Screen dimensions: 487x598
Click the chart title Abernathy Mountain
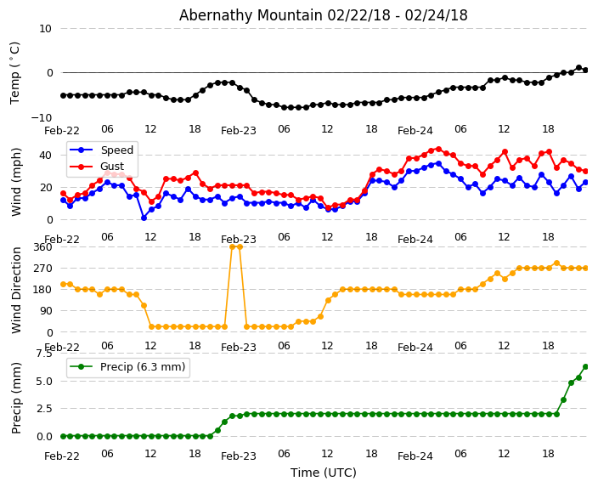pyautogui.click(x=323, y=15)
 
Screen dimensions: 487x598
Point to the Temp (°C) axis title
pyautogui.click(x=15, y=72)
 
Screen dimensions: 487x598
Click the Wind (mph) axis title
pyautogui.click(x=17, y=181)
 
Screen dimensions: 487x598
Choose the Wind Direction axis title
pyautogui.click(x=17, y=289)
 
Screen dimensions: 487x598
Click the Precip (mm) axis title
pyautogui.click(x=17, y=397)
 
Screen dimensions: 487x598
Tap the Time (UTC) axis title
pyautogui.click(x=324, y=473)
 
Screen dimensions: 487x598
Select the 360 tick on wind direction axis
pyautogui.click(x=42, y=247)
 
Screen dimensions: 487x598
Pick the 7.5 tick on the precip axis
pyautogui.click(x=43, y=354)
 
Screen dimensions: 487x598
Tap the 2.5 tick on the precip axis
pyautogui.click(x=43, y=409)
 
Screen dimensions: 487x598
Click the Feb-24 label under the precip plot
pyautogui.click(x=415, y=456)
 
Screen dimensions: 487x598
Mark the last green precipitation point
pyautogui.click(x=585, y=366)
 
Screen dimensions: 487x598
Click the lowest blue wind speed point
pyautogui.click(x=144, y=218)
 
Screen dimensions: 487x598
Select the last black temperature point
pyautogui.click(x=585, y=70)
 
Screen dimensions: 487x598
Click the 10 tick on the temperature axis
pyautogui.click(x=45, y=29)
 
